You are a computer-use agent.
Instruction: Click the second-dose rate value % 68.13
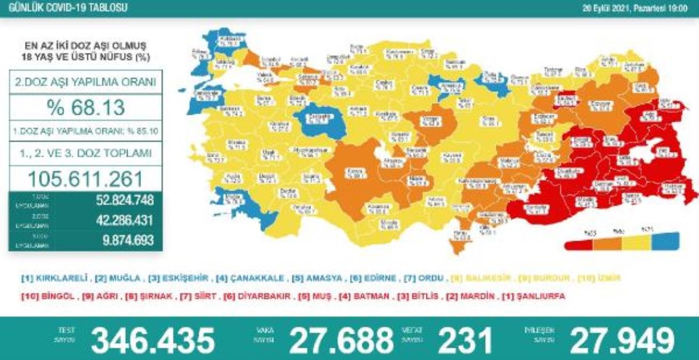(85, 108)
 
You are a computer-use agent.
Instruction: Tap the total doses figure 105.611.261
(85, 178)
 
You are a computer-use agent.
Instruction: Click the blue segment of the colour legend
(665, 240)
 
